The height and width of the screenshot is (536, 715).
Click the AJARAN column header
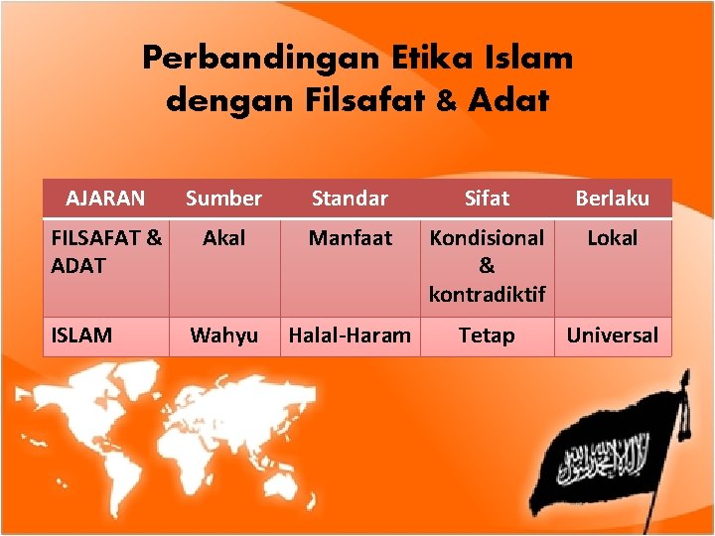[x=105, y=199]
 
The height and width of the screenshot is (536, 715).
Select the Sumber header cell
[x=223, y=199]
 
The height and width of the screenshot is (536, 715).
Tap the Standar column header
[x=350, y=199]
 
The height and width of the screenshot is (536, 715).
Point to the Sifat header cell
[x=487, y=199]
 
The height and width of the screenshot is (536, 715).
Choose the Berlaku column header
[x=613, y=199]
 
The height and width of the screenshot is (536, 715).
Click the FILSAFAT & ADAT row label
[x=105, y=252]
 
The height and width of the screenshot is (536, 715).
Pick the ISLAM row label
[x=81, y=335]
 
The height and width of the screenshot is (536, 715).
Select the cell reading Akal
[x=223, y=238]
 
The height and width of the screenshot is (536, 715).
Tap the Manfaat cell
[x=350, y=238]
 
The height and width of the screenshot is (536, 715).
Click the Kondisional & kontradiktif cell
[x=487, y=266]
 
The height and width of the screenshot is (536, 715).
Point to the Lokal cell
[x=613, y=238]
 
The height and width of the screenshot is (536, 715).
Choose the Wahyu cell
[x=223, y=335]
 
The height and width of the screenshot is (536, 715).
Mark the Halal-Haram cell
[x=350, y=335]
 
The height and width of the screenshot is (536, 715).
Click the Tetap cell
[x=487, y=335]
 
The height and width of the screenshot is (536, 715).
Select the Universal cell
[x=613, y=335]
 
